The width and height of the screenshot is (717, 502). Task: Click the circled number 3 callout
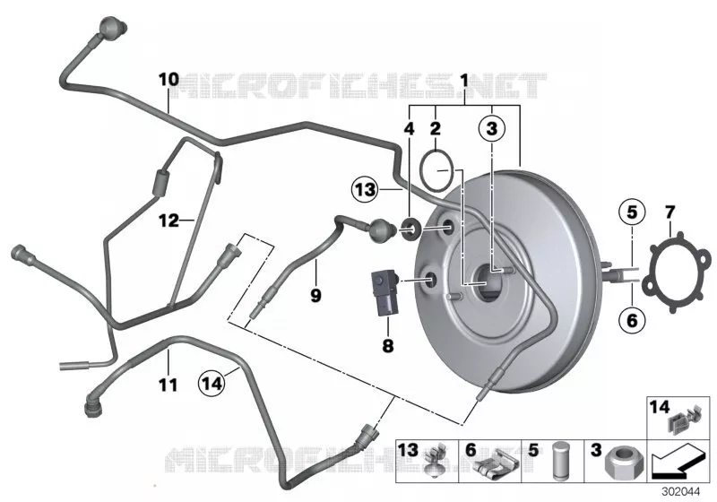tap(491, 128)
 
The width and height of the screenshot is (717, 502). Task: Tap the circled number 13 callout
tap(366, 189)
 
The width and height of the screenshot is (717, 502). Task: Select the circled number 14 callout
tap(212, 383)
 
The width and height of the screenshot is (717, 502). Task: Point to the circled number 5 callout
tap(632, 212)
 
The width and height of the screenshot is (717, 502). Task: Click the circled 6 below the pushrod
tap(632, 320)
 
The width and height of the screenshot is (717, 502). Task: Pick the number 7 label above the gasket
tap(669, 212)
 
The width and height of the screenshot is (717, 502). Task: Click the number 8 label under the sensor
tap(387, 346)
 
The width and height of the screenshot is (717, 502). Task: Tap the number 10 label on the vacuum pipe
tap(168, 80)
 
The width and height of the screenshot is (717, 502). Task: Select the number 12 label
tap(168, 221)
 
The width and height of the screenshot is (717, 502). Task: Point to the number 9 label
tap(315, 295)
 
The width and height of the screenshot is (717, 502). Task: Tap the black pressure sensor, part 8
tap(385, 292)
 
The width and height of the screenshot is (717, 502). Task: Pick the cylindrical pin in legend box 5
tap(561, 461)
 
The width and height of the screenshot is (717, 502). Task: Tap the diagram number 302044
tap(681, 492)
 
